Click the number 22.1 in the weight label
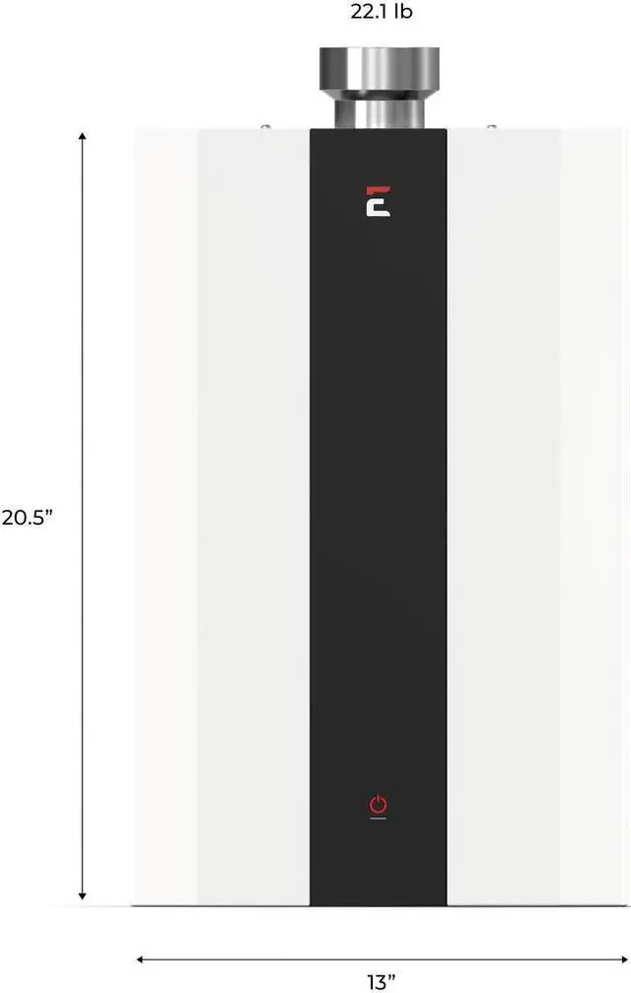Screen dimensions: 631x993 pos(370,12)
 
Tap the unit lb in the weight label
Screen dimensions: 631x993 pos(403,12)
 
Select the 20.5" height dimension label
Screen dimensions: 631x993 pos(27,518)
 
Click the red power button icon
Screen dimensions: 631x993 pos(378,804)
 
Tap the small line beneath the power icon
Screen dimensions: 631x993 pos(378,818)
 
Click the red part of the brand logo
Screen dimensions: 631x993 pos(379,190)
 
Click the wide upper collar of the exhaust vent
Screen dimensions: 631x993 pos(380,69)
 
